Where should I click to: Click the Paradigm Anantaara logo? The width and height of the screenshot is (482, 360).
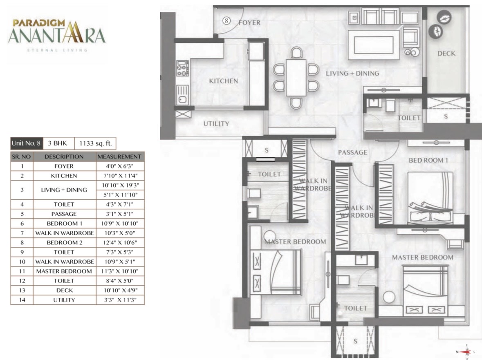click(57, 35)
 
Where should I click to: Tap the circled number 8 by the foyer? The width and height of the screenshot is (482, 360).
click(226, 21)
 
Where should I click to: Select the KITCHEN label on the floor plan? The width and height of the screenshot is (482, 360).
click(224, 81)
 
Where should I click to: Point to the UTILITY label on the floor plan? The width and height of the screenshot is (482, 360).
click(216, 124)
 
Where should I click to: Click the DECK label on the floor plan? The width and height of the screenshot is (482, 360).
click(446, 54)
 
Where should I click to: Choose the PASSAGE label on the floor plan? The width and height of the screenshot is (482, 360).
click(352, 152)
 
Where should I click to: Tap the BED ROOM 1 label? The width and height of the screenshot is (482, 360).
click(428, 160)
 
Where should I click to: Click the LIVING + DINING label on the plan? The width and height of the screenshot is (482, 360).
click(352, 74)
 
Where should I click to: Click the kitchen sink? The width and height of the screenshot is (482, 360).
click(182, 95)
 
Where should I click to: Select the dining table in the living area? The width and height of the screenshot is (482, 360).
click(296, 78)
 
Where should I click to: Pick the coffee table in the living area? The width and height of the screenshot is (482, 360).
click(374, 45)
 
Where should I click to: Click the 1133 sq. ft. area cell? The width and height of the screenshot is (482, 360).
click(95, 143)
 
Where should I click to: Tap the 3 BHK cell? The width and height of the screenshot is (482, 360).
click(59, 143)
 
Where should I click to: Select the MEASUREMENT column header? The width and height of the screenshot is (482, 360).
click(119, 157)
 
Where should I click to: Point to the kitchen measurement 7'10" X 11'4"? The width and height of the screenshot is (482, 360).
click(120, 176)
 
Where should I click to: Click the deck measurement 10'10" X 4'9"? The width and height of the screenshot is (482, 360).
click(120, 290)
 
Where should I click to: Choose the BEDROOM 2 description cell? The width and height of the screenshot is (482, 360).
click(65, 242)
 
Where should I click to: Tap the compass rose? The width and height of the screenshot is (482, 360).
click(466, 352)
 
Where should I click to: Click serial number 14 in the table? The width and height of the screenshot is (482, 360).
click(22, 300)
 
